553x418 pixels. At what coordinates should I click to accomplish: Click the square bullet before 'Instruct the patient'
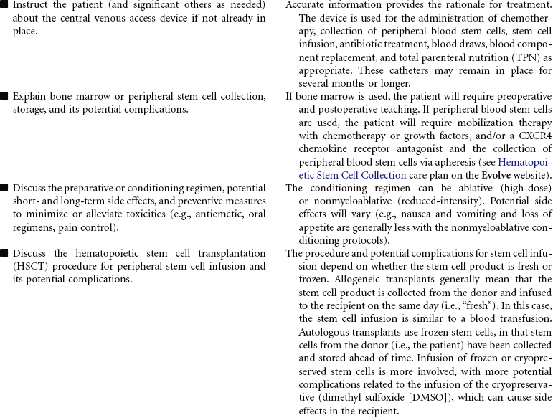tap(4, 5)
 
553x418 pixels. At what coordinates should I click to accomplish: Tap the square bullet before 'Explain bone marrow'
tap(4, 96)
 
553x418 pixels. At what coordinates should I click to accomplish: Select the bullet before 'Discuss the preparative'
tap(4, 188)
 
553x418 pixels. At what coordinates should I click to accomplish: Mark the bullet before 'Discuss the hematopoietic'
tap(4, 253)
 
